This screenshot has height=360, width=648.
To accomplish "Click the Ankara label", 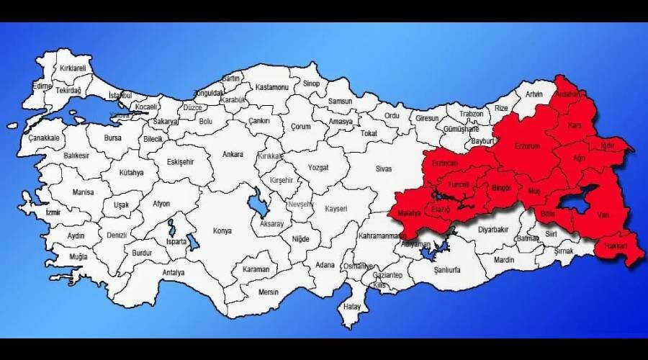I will coord(233,155).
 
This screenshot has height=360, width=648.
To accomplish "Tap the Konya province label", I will coord(222,231).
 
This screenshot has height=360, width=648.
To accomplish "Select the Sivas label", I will coord(384,168).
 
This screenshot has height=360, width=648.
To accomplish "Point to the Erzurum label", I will coord(527,146).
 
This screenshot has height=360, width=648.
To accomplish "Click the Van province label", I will coord(603,214).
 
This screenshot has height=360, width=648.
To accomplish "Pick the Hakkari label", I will coord(616,248).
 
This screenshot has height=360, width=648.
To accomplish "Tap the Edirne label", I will coord(42,86).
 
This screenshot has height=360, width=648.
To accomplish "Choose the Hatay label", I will coord(352,306).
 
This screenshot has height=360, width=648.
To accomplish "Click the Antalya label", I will coord(174,273).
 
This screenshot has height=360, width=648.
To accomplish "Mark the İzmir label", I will coord(53,213).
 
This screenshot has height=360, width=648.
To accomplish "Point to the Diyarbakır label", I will coord(494,230).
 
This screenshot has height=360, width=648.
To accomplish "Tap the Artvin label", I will coord(534,94).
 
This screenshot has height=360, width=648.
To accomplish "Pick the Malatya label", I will coord(408,215).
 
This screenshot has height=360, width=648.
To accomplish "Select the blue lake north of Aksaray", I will coord(257,205).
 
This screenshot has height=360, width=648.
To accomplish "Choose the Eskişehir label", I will coord(181,162).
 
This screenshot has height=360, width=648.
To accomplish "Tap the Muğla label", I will coord(78,257).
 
